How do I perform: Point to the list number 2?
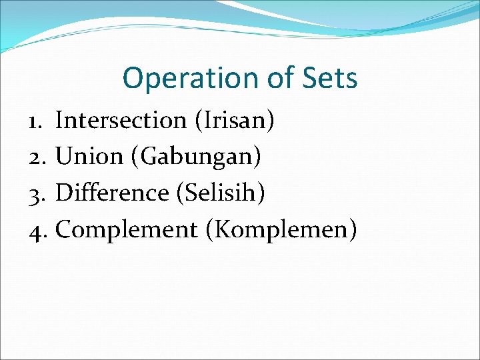(36, 157)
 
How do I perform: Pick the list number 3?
(36, 193)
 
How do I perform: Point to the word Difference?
(113, 193)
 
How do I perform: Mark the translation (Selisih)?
(221, 193)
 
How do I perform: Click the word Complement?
(127, 231)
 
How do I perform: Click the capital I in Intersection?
(60, 121)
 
